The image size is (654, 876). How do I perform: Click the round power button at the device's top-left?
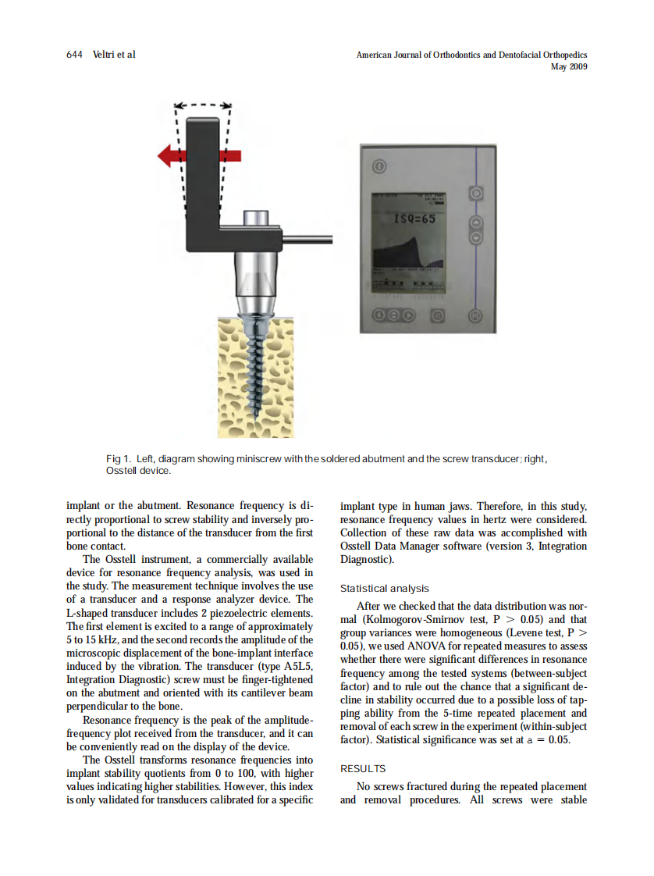point(379,166)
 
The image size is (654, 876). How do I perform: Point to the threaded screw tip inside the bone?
point(258,406)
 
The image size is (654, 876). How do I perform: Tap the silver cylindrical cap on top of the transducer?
point(256,218)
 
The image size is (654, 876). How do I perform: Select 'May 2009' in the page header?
point(569,67)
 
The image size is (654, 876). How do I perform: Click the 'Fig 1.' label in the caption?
point(119,459)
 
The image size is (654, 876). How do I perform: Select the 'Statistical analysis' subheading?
point(384,589)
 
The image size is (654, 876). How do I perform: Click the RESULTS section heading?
point(363,769)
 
